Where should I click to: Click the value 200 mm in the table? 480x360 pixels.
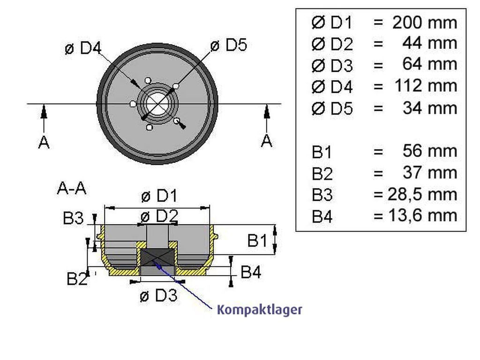point(425,22)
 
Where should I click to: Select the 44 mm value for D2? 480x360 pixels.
point(430,43)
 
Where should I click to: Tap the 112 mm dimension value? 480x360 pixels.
point(426,86)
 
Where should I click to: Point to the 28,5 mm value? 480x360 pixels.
point(422,194)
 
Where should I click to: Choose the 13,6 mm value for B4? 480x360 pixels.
point(423,216)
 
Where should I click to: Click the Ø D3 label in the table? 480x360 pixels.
point(332,66)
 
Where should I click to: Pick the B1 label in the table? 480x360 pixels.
point(322,152)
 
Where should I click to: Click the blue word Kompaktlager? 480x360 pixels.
point(259,310)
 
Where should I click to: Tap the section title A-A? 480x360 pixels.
point(72,188)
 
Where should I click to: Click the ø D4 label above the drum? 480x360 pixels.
point(83,48)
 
